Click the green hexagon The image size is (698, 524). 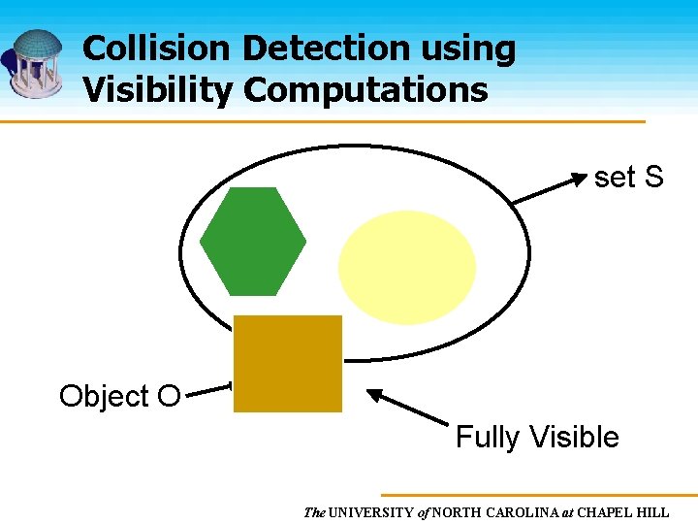click(253, 241)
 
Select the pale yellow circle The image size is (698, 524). click(407, 267)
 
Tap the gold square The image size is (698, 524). click(288, 364)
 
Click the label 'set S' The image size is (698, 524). click(628, 178)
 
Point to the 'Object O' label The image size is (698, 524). click(119, 396)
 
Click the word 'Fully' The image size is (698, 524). click(487, 438)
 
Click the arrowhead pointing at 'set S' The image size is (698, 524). click(579, 179)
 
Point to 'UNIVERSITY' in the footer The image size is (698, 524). click(371, 511)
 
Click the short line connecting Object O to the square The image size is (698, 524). click(208, 392)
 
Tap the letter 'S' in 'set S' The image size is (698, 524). click(653, 178)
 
